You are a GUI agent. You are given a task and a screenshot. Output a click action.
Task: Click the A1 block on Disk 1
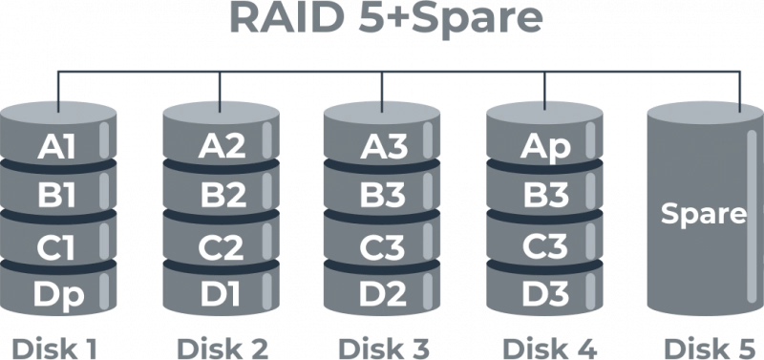point(57,146)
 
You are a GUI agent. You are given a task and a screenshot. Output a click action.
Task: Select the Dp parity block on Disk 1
point(57,294)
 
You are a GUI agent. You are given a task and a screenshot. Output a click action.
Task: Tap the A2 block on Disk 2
point(222,146)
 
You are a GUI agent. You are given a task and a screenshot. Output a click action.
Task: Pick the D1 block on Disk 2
point(222,294)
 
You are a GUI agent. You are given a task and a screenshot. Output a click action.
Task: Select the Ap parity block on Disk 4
point(545,146)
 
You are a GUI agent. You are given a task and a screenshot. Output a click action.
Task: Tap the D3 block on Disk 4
point(545,294)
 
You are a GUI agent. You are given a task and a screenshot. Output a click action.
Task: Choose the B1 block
point(57,195)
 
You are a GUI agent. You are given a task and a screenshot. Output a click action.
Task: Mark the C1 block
point(57,245)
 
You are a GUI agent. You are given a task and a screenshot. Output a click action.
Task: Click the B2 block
point(222,195)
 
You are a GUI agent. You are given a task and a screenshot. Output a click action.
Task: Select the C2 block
point(222,245)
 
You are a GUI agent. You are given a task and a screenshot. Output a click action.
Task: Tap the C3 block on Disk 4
point(545,245)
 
